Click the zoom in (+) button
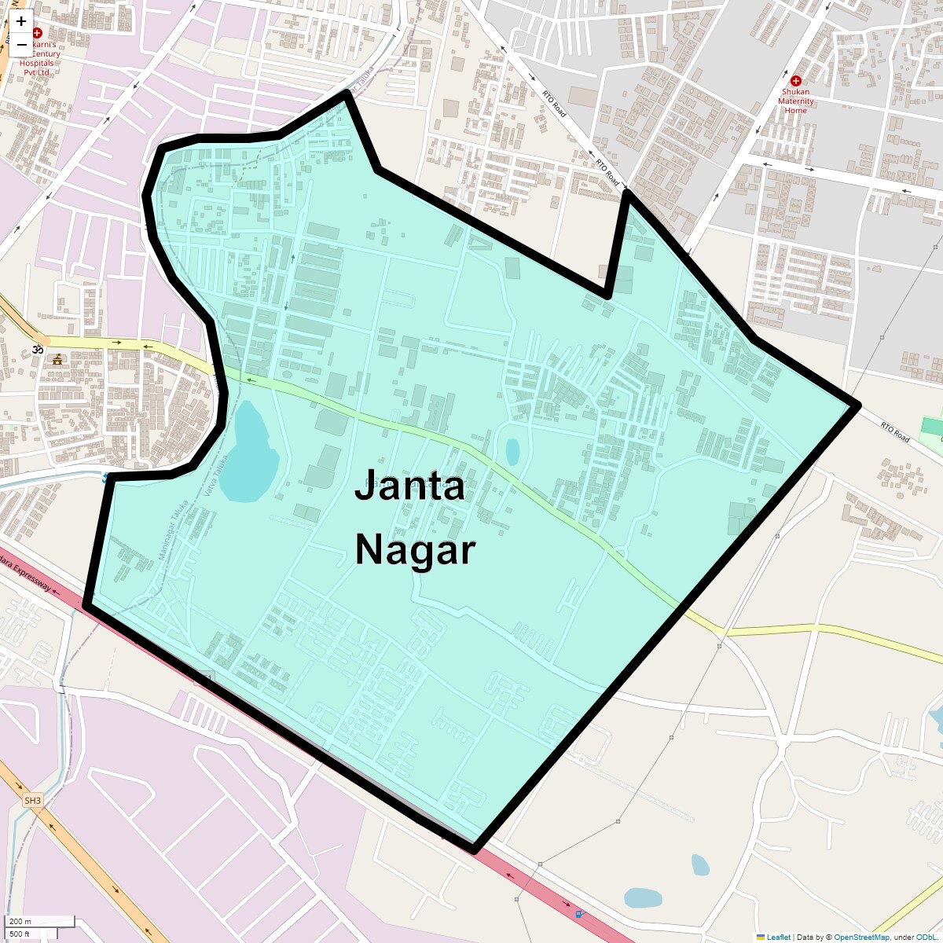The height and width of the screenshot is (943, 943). coord(21,22)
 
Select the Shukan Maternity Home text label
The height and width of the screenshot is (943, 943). coord(795,101)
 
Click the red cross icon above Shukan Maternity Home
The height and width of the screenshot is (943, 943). coord(795,81)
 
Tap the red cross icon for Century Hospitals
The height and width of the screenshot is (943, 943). coord(37,33)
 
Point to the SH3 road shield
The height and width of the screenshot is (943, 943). coord(32,801)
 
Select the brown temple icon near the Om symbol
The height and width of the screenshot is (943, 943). coord(57,360)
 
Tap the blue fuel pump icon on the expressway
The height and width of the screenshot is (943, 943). coord(580,912)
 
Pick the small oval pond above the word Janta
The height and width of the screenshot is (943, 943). coord(512,451)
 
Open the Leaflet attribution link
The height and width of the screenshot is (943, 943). coord(778,937)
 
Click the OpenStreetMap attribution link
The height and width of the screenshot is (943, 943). coord(861,937)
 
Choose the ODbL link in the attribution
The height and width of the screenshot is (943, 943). coord(926,937)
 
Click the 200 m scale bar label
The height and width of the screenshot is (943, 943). coord(21,921)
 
